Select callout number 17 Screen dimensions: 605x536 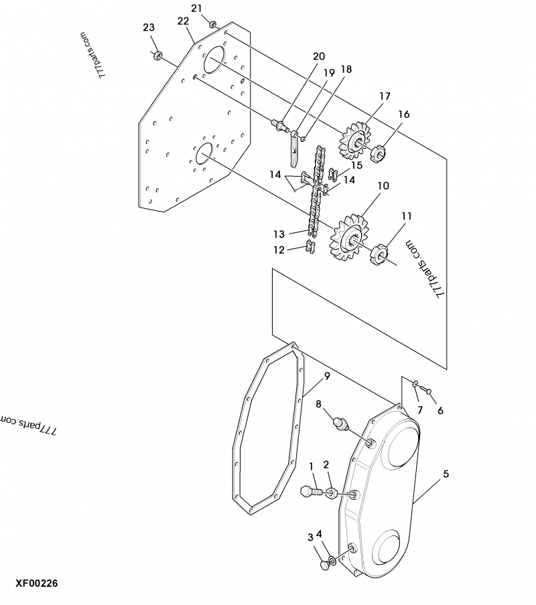pos(385,96)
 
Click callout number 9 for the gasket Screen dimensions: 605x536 pos(327,376)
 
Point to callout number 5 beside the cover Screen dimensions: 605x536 pos(446,474)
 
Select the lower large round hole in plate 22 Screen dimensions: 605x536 pos(204,154)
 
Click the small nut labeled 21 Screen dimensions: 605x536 pos(212,25)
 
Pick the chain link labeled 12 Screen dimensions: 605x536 pos(310,247)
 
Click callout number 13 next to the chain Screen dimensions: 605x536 pos(279,234)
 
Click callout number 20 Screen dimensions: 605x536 pos(318,56)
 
